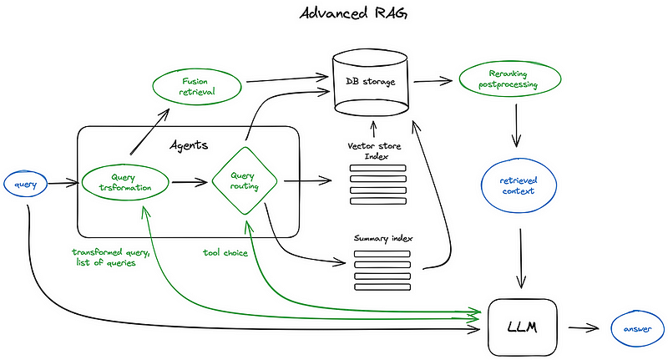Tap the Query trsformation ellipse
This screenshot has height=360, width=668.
125,182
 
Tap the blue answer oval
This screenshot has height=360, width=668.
636,327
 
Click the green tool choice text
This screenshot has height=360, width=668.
224,251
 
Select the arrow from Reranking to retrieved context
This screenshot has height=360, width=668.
518,122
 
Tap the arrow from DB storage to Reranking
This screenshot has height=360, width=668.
433,82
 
